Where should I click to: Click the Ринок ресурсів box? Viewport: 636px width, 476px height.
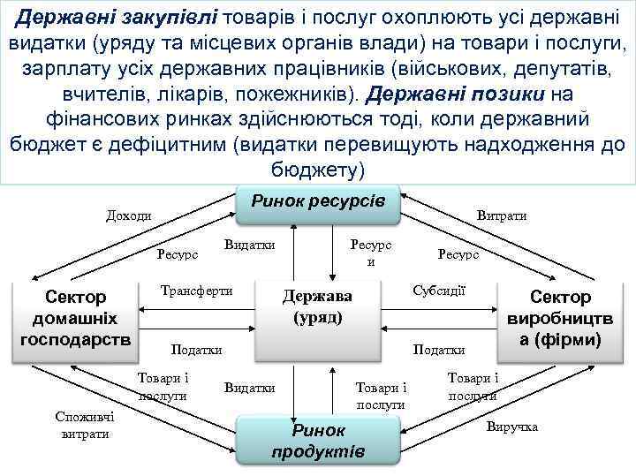coord(318,203)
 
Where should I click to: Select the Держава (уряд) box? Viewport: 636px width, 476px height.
coord(316,306)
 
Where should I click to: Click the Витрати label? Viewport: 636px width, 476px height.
coord(501,215)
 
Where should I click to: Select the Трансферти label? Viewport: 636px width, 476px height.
coord(196,291)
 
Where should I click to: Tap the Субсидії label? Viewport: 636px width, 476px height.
coord(439,290)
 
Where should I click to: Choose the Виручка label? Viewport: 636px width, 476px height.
coord(511,427)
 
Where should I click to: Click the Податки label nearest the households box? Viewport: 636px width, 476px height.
coord(196,350)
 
